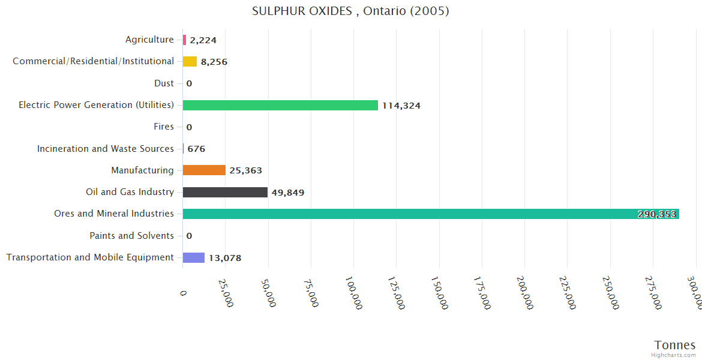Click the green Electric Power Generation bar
[280, 106]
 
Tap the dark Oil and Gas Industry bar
[225, 193]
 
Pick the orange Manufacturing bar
[204, 170]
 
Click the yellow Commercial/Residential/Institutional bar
[190, 62]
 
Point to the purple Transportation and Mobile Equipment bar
[194, 258]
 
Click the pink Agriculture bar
[184, 40]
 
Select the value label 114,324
[401, 106]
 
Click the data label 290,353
[656, 215]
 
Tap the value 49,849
[288, 193]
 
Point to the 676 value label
[196, 149]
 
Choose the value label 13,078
[225, 259]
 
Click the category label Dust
[164, 83]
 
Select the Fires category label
[164, 127]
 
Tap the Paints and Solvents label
[131, 236]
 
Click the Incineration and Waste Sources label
[106, 149]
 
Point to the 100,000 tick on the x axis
[353, 293]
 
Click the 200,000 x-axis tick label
[524, 293]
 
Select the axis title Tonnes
[675, 345]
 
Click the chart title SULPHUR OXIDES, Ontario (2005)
[350, 11]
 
